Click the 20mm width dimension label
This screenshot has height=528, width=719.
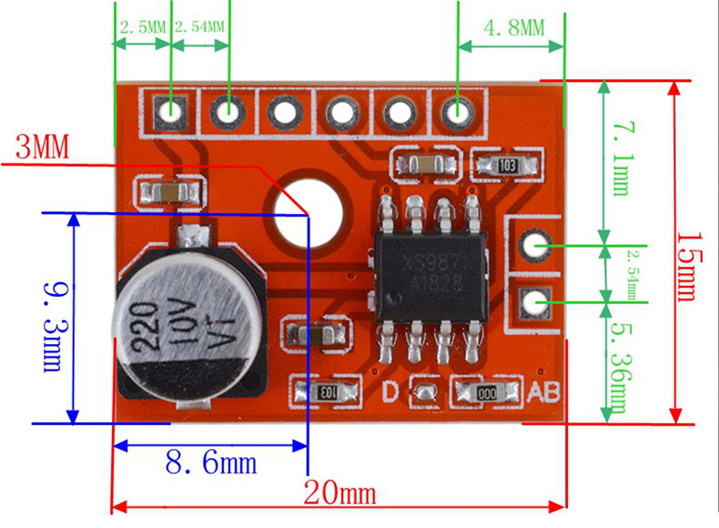(339, 494)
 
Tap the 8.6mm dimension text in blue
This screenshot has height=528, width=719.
(210, 463)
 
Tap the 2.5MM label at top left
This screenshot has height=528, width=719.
(141, 26)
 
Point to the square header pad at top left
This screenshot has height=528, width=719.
(170, 111)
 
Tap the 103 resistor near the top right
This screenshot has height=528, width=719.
(509, 166)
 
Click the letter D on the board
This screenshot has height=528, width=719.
(390, 392)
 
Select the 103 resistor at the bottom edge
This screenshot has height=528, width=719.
(323, 392)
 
